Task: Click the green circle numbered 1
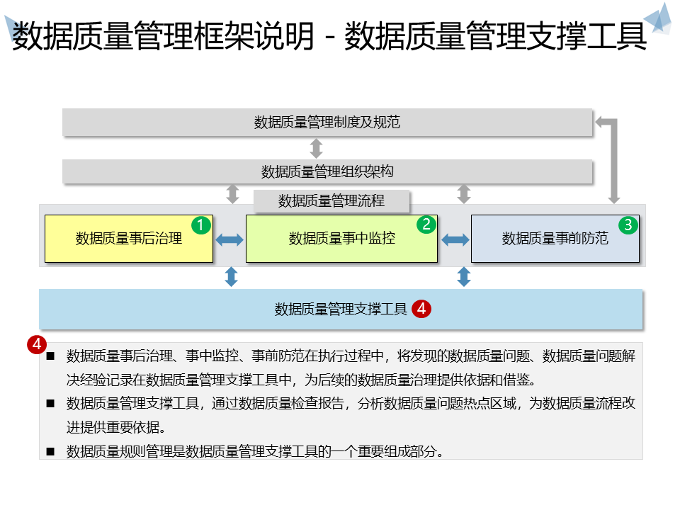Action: pyautogui.click(x=200, y=225)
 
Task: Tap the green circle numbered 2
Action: pyautogui.click(x=426, y=225)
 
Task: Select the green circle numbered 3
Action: pyautogui.click(x=628, y=225)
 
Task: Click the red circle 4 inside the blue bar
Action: pyautogui.click(x=421, y=309)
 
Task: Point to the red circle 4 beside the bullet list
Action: pyautogui.click(x=36, y=344)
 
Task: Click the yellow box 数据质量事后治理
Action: pyautogui.click(x=129, y=239)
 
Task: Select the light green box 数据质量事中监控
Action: pyautogui.click(x=341, y=239)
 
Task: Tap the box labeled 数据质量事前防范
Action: pyautogui.click(x=555, y=239)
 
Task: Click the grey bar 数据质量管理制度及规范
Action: pyautogui.click(x=327, y=122)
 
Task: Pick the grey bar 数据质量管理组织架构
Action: pyautogui.click(x=327, y=171)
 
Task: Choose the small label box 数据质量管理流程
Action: pyautogui.click(x=331, y=201)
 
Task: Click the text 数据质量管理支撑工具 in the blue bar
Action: pyautogui.click(x=341, y=309)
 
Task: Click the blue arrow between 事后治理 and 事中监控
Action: pyautogui.click(x=229, y=240)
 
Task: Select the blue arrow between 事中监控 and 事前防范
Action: pyautogui.click(x=455, y=240)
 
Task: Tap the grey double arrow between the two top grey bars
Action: pyautogui.click(x=317, y=148)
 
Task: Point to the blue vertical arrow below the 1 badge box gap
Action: pyautogui.click(x=231, y=276)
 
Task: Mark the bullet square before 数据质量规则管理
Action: pyautogui.click(x=50, y=451)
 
